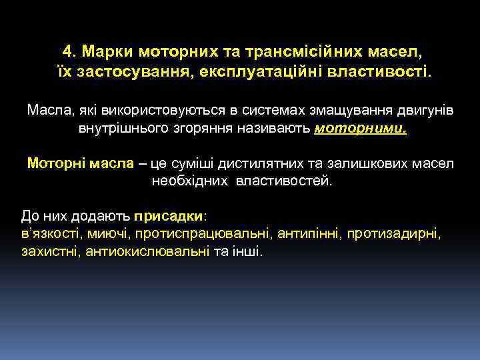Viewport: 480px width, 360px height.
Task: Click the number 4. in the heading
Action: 70,51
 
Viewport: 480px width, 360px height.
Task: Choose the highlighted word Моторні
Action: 56,163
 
